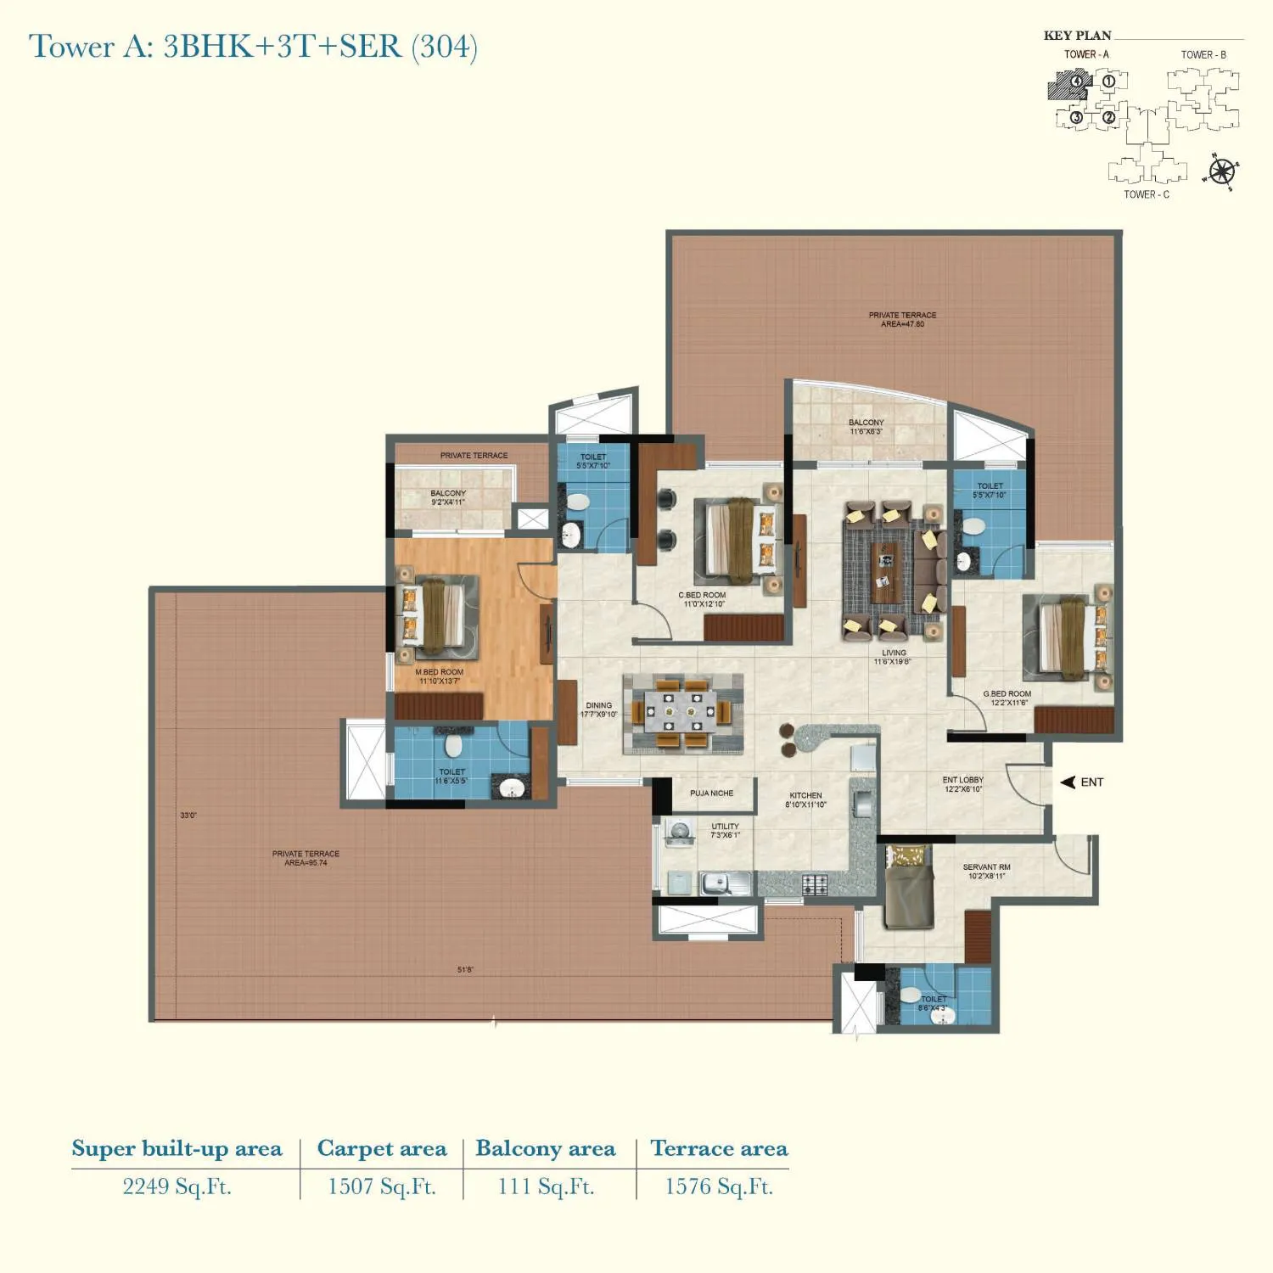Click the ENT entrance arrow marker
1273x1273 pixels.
(1068, 782)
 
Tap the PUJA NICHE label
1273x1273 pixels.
(711, 794)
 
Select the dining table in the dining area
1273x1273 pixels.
(682, 713)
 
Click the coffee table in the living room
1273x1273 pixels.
(886, 572)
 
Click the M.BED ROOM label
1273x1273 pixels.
(440, 672)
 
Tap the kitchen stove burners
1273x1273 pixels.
(814, 885)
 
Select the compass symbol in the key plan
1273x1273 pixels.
(1221, 171)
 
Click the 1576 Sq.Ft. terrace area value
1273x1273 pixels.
(719, 1186)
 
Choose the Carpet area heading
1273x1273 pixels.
(382, 1149)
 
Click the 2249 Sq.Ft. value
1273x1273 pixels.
(177, 1186)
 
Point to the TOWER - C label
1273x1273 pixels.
(1146, 194)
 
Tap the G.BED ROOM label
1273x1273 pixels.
(1007, 694)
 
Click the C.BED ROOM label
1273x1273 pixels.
(703, 596)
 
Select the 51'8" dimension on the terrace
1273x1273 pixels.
(465, 970)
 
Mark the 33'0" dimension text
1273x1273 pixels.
(188, 816)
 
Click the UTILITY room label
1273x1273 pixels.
(725, 827)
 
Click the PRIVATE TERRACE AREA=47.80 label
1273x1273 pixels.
(902, 319)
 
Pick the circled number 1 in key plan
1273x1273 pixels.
(1108, 82)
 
